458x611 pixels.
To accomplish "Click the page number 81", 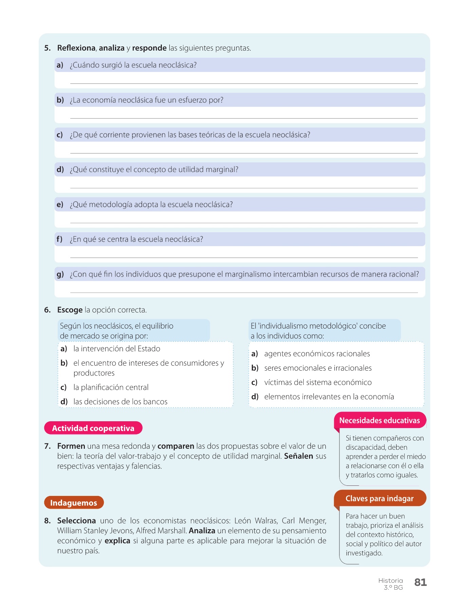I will click(420, 582).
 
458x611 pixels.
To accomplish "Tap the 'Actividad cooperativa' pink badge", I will click(93, 428).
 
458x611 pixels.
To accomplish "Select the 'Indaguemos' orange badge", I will click(74, 503).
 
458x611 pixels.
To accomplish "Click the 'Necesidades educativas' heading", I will click(379, 421).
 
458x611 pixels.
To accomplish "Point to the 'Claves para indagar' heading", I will click(379, 498).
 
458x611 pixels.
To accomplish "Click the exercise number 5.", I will click(47, 48).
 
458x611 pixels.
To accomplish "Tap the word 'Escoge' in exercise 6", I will click(70, 310).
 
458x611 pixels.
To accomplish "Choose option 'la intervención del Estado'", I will click(117, 349).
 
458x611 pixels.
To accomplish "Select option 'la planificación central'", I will click(111, 387).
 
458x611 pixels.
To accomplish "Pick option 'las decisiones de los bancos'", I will click(120, 402).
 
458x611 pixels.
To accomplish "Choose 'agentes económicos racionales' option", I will click(317, 354).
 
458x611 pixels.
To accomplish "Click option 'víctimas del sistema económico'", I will click(318, 382).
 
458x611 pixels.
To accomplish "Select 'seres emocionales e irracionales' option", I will click(318, 368).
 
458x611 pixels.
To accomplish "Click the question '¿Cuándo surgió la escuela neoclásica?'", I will click(133, 65).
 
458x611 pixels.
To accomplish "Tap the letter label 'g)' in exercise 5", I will click(60, 274).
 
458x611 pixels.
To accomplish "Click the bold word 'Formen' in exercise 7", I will click(71, 446).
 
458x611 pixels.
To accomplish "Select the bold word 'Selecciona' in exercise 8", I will click(76, 521).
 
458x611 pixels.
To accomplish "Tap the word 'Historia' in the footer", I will click(390, 580).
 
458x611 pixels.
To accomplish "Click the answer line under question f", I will click(244, 257).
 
